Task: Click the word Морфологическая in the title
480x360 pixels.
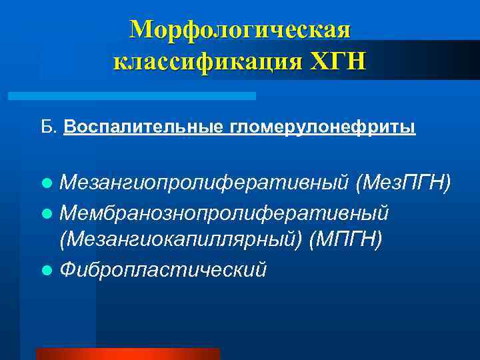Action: click(240, 30)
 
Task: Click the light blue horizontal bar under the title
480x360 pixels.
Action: click(131, 96)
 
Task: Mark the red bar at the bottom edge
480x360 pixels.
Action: click(127, 354)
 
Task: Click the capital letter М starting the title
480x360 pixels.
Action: click(141, 30)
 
